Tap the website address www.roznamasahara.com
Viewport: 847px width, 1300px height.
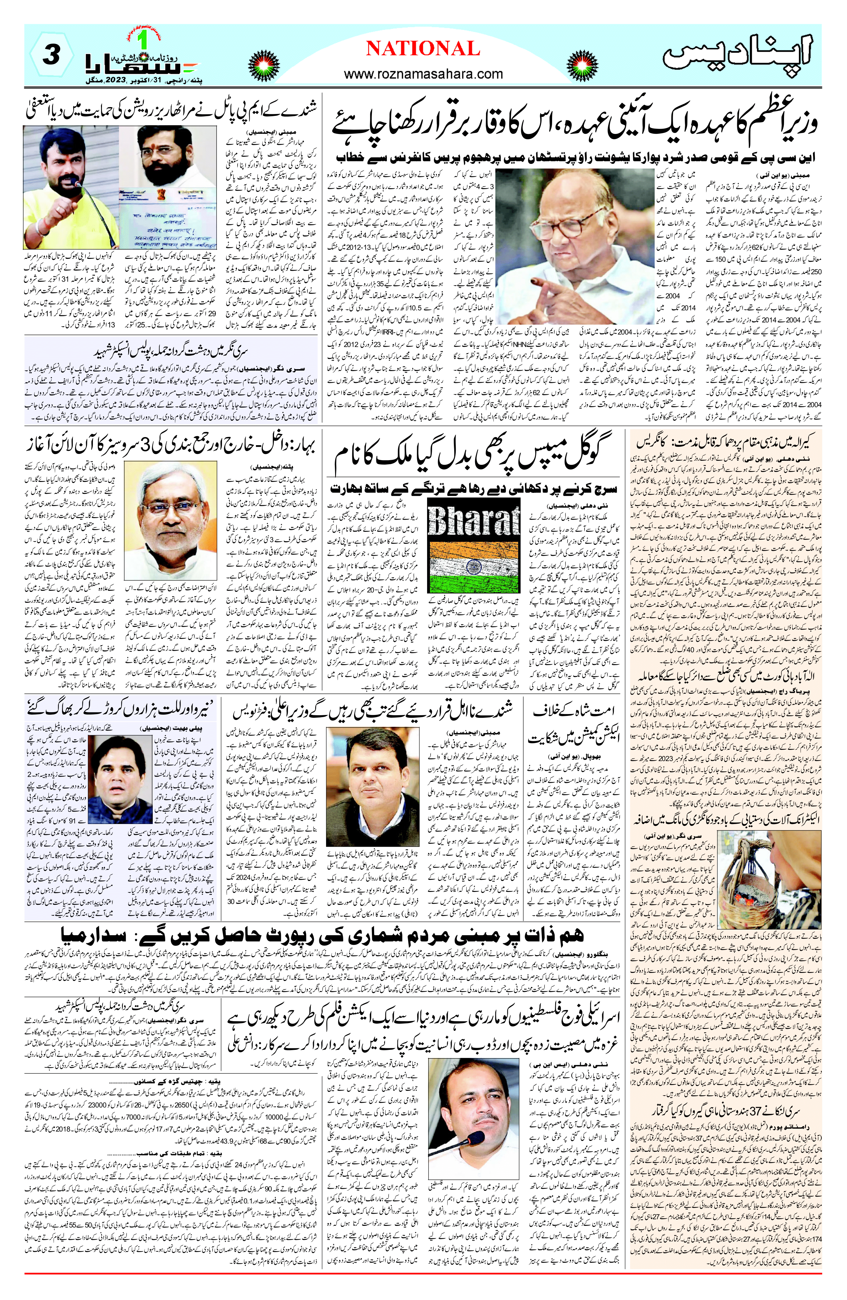[x=423, y=74]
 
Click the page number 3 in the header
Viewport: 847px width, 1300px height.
[x=50, y=56]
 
